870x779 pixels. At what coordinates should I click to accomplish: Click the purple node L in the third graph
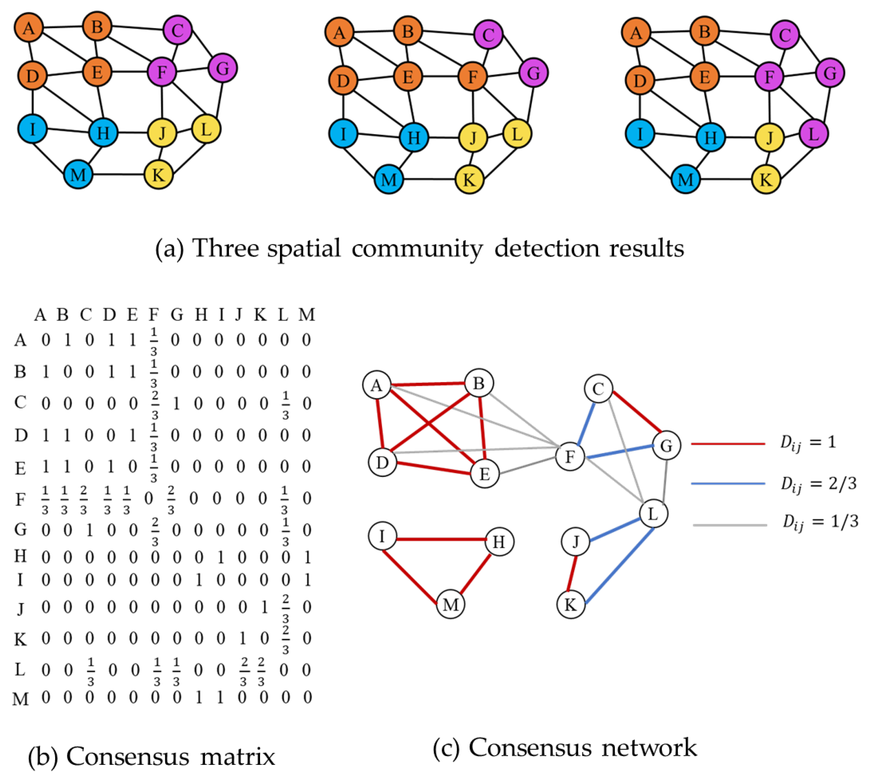(x=813, y=134)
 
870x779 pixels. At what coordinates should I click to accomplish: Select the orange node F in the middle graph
(x=472, y=77)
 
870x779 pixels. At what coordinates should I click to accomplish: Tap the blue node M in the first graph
(x=78, y=175)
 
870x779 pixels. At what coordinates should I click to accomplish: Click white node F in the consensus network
(x=570, y=456)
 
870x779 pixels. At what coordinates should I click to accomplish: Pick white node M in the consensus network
(x=450, y=604)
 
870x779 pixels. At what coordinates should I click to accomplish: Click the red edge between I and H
(x=441, y=539)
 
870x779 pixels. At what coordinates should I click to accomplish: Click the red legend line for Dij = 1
(x=727, y=444)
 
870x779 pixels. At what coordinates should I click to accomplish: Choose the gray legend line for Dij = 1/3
(x=729, y=525)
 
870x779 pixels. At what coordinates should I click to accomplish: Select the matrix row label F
(x=20, y=499)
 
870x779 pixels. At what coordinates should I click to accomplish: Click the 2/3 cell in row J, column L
(x=285, y=607)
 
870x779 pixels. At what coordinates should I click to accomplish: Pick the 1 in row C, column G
(x=176, y=403)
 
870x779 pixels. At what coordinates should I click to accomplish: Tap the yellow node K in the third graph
(x=766, y=179)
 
